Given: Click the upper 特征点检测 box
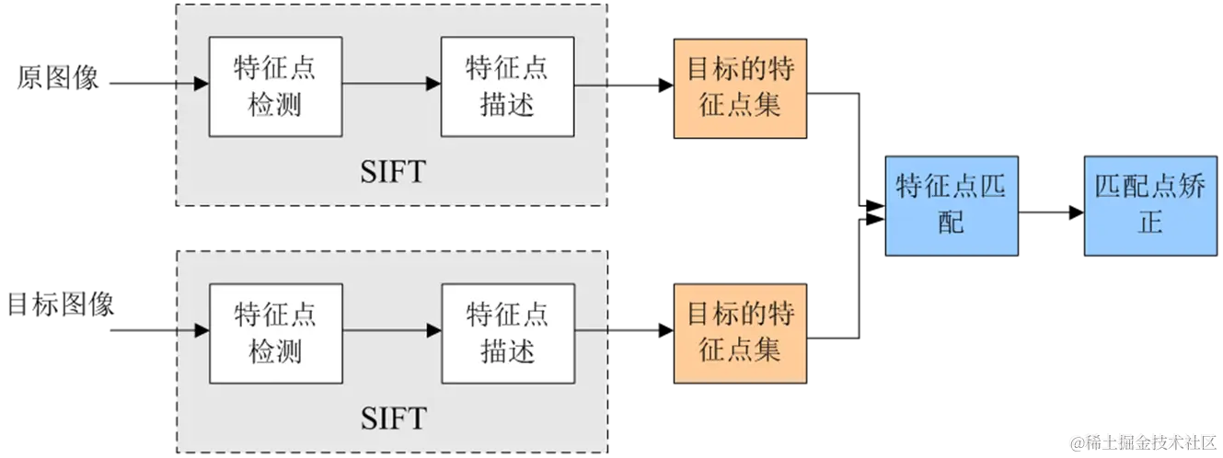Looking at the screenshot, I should coord(275,86).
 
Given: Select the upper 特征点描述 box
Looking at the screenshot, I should coord(507,86).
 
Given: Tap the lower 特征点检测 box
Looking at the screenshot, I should coord(275,333).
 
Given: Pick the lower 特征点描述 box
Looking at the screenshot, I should coord(507,333).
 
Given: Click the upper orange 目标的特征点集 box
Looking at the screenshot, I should coord(740,87).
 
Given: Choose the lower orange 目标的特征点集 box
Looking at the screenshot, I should coord(740,332).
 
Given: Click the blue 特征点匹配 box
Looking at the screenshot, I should coord(952,204).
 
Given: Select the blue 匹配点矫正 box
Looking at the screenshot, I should coord(1150,204).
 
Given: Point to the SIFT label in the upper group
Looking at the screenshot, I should coord(392,172).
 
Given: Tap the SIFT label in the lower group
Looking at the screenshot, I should coord(392,419).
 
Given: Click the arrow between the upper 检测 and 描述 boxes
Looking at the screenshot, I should coord(391,85).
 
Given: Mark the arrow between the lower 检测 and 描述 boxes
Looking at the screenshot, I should coord(391,329).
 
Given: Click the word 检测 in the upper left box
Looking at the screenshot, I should coord(275,105).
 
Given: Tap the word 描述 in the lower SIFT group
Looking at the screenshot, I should coord(507,350).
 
